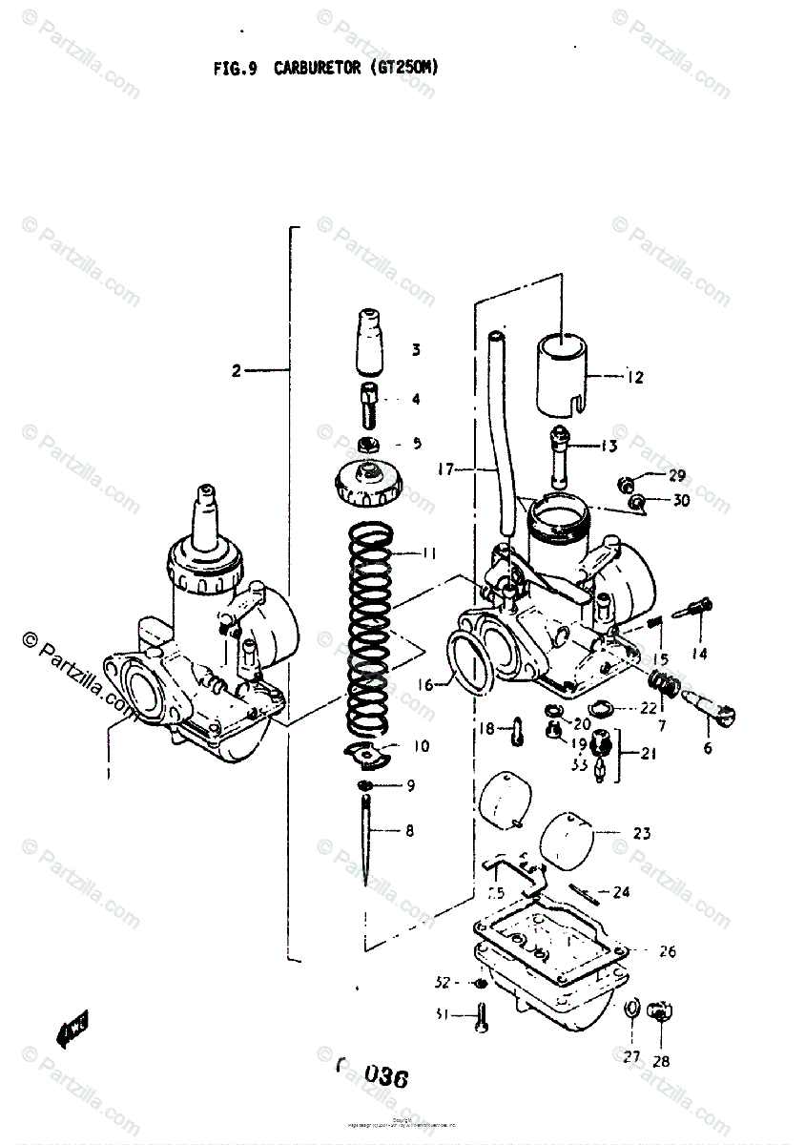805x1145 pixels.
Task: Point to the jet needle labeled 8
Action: (367, 840)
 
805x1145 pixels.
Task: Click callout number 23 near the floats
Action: (642, 833)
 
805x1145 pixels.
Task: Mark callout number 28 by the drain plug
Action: (661, 1060)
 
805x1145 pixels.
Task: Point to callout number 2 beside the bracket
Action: (237, 371)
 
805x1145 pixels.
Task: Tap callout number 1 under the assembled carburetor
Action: (109, 772)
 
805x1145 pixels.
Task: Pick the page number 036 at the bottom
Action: (385, 1078)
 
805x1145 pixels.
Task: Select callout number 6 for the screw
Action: (708, 748)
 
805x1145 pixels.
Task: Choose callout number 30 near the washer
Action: (681, 500)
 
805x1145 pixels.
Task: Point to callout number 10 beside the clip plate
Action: (421, 746)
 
